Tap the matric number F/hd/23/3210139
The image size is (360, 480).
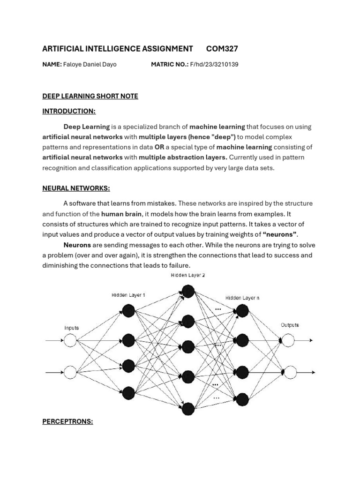pyautogui.click(x=214, y=65)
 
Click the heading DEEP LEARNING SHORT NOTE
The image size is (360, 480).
pyautogui.click(x=90, y=96)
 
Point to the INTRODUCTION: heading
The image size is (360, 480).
pyautogui.click(x=69, y=111)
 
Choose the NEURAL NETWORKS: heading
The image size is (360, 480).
pyautogui.click(x=76, y=188)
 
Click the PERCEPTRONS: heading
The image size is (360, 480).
pyautogui.click(x=67, y=421)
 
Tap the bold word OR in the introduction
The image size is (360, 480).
pyautogui.click(x=159, y=147)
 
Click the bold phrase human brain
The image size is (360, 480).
pyautogui.click(x=121, y=214)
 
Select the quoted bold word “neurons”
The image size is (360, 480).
pyautogui.click(x=280, y=234)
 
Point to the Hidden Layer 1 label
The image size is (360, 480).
pyautogui.click(x=128, y=295)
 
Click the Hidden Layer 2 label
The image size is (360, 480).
pyautogui.click(x=187, y=276)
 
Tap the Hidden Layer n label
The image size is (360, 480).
pyautogui.click(x=242, y=298)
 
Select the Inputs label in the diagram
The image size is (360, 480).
pyautogui.click(x=71, y=328)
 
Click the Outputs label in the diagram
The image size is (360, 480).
pyautogui.click(x=290, y=325)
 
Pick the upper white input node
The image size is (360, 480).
pyautogui.click(x=70, y=341)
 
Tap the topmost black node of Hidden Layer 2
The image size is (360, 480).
pyautogui.click(x=188, y=292)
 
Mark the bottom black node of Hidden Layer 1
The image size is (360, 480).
pyautogui.click(x=128, y=393)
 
